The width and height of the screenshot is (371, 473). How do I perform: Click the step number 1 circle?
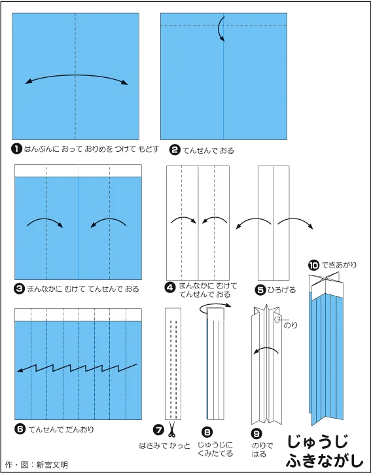click(16, 149)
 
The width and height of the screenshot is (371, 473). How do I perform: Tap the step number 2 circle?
click(175, 150)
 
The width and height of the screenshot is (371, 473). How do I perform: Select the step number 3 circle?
click(20, 289)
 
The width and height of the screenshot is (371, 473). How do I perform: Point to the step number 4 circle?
click(170, 287)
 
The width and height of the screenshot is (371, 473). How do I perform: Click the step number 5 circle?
click(260, 290)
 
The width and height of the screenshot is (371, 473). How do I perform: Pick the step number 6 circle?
click(20, 429)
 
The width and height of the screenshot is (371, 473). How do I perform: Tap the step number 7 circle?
click(158, 430)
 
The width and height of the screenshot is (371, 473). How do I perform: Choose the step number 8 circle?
click(207, 432)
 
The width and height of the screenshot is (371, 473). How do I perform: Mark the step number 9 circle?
click(256, 434)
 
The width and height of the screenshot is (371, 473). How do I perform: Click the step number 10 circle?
click(313, 266)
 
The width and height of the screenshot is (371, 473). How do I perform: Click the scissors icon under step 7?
click(171, 429)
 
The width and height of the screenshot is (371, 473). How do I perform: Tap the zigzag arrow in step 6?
click(77, 368)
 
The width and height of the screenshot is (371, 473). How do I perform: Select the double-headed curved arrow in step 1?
click(77, 75)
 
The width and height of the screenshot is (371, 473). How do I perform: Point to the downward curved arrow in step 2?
click(220, 29)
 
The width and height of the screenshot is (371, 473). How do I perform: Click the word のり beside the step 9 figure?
click(290, 325)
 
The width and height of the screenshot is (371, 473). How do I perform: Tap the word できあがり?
click(339, 265)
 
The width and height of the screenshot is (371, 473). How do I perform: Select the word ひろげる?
click(282, 290)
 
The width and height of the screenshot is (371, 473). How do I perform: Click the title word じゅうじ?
click(317, 442)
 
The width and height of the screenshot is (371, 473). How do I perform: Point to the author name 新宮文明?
click(52, 464)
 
